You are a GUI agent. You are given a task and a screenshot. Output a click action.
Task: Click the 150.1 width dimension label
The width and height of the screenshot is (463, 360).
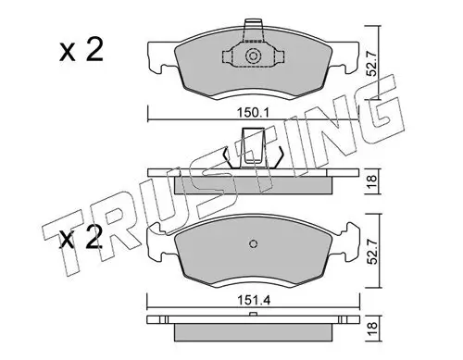pos(253,113)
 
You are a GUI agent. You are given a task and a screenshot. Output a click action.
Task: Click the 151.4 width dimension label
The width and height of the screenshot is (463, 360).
pos(254,300)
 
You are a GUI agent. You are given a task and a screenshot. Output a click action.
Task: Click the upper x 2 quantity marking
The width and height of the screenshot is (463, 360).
pos(81,51)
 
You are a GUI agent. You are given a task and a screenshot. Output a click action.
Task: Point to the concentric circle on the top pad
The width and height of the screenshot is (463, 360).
pos(253,56)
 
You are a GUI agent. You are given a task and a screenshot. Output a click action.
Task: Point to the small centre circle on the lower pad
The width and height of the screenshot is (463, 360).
pos(253,243)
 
